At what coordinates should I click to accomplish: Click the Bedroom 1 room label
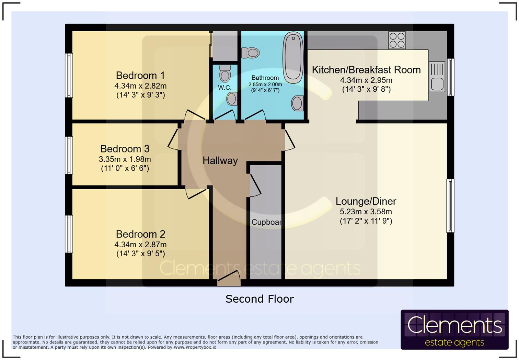pyautogui.click(x=140, y=75)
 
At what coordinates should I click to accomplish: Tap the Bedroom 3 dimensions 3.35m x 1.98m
pyautogui.click(x=125, y=159)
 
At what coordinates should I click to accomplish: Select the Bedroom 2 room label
pyautogui.click(x=141, y=234)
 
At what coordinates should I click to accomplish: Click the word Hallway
pyautogui.click(x=220, y=161)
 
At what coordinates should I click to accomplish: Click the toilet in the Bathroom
pyautogui.click(x=251, y=53)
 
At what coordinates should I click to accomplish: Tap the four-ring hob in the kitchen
pyautogui.click(x=397, y=40)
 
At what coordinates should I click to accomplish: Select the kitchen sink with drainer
pyautogui.click(x=437, y=77)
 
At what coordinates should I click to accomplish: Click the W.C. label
pyautogui.click(x=224, y=88)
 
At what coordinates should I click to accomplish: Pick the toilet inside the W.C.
pyautogui.click(x=225, y=74)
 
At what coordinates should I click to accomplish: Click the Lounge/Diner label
pyautogui.click(x=366, y=201)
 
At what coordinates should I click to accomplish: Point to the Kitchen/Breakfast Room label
pyautogui.click(x=366, y=70)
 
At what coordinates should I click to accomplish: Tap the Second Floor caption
pyautogui.click(x=259, y=299)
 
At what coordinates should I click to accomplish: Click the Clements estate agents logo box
pyautogui.click(x=454, y=329)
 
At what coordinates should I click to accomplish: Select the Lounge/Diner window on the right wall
pyautogui.click(x=450, y=206)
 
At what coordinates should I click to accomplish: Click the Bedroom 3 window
pyautogui.click(x=69, y=155)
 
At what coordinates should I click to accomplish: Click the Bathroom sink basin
pyautogui.click(x=298, y=103)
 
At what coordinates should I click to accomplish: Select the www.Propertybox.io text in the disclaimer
pyautogui.click(x=195, y=347)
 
